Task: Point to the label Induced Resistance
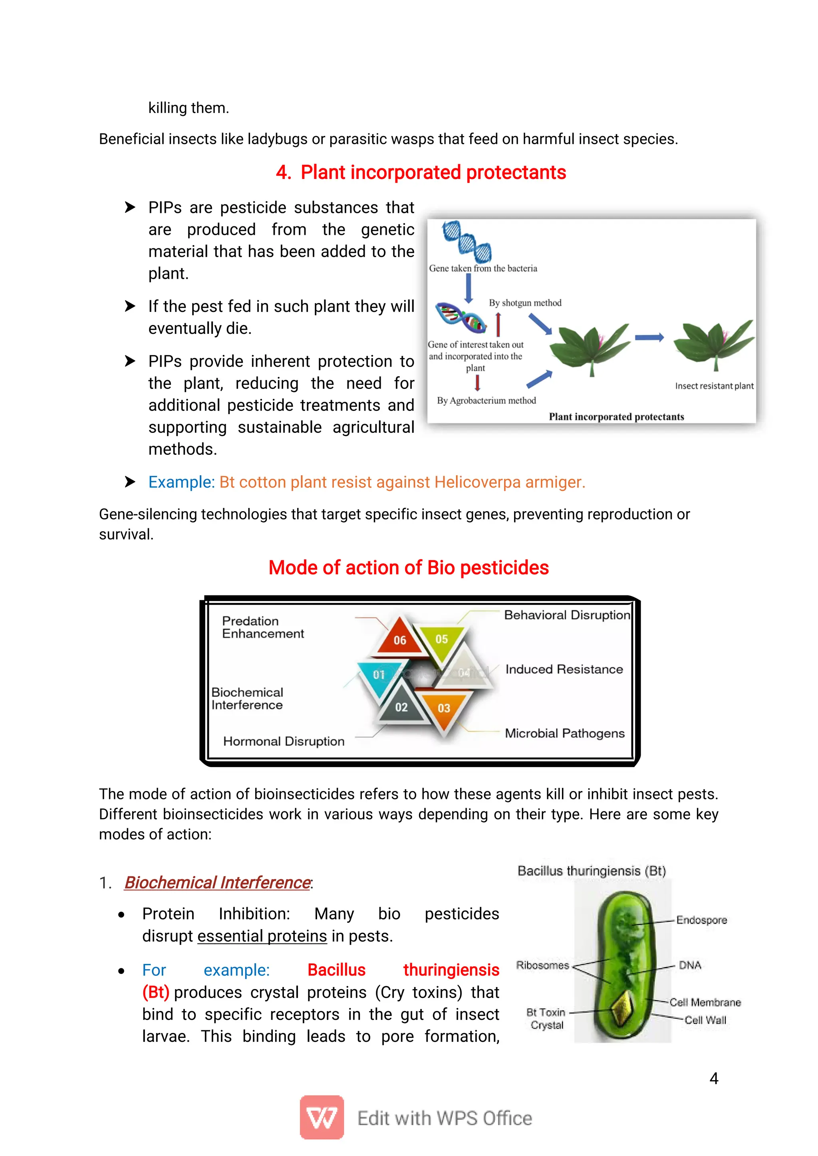(x=564, y=669)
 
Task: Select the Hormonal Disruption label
(x=284, y=741)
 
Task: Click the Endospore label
(x=701, y=920)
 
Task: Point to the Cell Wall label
(x=705, y=1020)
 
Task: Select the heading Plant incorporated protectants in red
(x=421, y=172)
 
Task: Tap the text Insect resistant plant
(x=714, y=386)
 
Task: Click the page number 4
(x=713, y=1078)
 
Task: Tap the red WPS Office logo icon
(x=322, y=1117)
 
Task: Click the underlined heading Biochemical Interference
(x=217, y=882)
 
